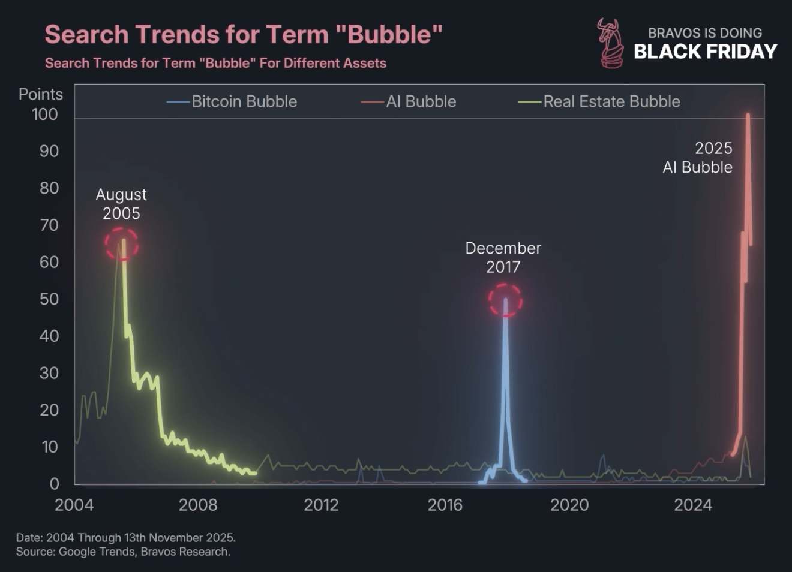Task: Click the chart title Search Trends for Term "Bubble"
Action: [243, 35]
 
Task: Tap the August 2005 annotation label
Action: [121, 204]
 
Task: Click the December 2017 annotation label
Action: [503, 257]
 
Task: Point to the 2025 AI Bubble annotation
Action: [698, 158]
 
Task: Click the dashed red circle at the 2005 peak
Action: [122, 244]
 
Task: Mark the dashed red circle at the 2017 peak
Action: [505, 300]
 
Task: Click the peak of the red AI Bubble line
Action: [748, 115]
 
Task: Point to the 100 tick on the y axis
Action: [45, 115]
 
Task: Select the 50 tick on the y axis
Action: [49, 299]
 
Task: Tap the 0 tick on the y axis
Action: [54, 483]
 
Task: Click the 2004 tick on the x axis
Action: [74, 505]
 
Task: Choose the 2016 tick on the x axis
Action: [445, 505]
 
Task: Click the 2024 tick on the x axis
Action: [692, 505]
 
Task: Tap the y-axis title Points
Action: [40, 94]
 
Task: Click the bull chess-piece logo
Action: [610, 43]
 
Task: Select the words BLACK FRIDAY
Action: [705, 52]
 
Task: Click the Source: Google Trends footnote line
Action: [123, 552]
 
